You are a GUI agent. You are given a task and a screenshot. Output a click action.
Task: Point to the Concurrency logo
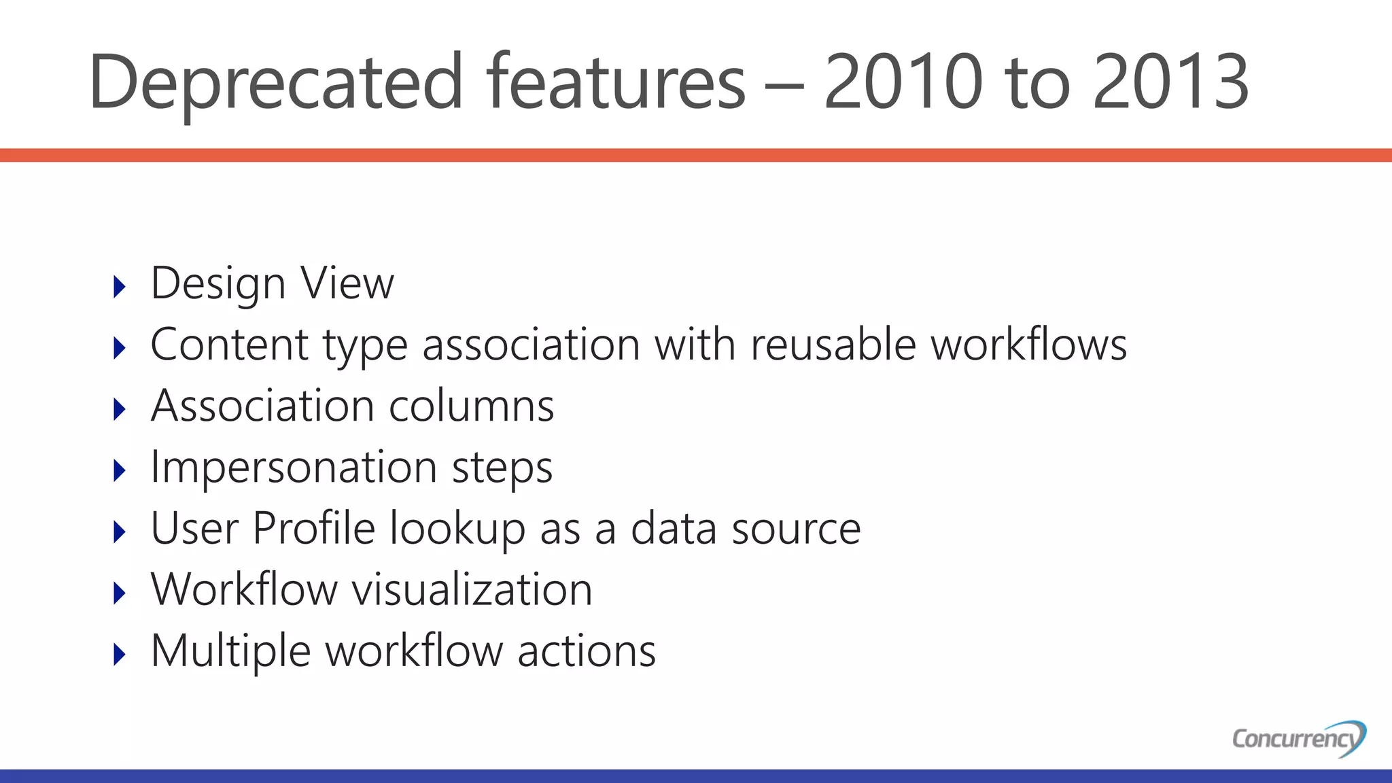(1298, 738)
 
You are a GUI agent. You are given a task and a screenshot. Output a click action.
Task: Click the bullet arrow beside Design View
(120, 287)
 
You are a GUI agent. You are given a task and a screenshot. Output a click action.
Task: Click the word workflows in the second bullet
(1028, 345)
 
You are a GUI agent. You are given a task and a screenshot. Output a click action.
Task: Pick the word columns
(471, 406)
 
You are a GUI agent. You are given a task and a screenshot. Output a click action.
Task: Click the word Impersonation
(294, 468)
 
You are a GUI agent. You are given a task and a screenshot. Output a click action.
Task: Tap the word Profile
(313, 528)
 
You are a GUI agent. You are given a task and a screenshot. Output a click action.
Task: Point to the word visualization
(472, 589)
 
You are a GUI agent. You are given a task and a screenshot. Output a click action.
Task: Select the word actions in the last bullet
(587, 651)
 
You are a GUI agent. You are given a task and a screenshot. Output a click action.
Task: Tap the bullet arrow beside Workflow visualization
(120, 593)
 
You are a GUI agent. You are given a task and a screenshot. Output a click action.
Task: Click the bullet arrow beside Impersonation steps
(120, 471)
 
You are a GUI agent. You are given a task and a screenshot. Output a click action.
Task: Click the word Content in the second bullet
(229, 345)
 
